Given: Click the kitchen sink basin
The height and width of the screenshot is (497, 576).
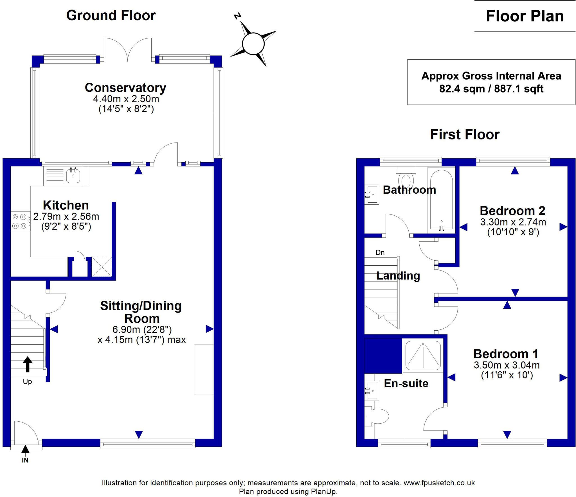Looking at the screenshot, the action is [x=73, y=176].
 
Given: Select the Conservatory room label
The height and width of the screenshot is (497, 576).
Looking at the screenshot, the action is [x=125, y=88].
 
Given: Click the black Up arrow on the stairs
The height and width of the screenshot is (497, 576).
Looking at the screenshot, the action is [x=27, y=364].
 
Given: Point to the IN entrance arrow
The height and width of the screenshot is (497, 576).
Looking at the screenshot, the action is [x=25, y=449].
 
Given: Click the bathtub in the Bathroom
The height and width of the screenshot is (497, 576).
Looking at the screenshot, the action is [x=441, y=200].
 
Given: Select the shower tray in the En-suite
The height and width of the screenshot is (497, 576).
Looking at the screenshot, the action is [x=423, y=355].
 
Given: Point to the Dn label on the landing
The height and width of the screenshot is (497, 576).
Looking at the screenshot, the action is [x=380, y=252].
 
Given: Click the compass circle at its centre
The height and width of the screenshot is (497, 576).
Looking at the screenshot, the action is [x=253, y=44].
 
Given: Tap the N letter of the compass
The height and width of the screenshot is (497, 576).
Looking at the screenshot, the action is [x=238, y=16].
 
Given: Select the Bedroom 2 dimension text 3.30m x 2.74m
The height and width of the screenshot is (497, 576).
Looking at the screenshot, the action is [x=513, y=222].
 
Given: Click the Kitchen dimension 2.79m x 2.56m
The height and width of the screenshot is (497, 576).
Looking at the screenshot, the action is [x=66, y=216].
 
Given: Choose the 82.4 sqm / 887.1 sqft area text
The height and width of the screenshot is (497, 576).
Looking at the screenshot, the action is [x=491, y=89].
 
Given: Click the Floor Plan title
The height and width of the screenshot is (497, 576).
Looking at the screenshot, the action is [x=525, y=16].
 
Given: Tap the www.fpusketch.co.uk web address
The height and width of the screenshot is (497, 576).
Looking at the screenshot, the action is [x=439, y=483].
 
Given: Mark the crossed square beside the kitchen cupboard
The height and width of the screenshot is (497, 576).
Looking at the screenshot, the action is [x=102, y=266].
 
